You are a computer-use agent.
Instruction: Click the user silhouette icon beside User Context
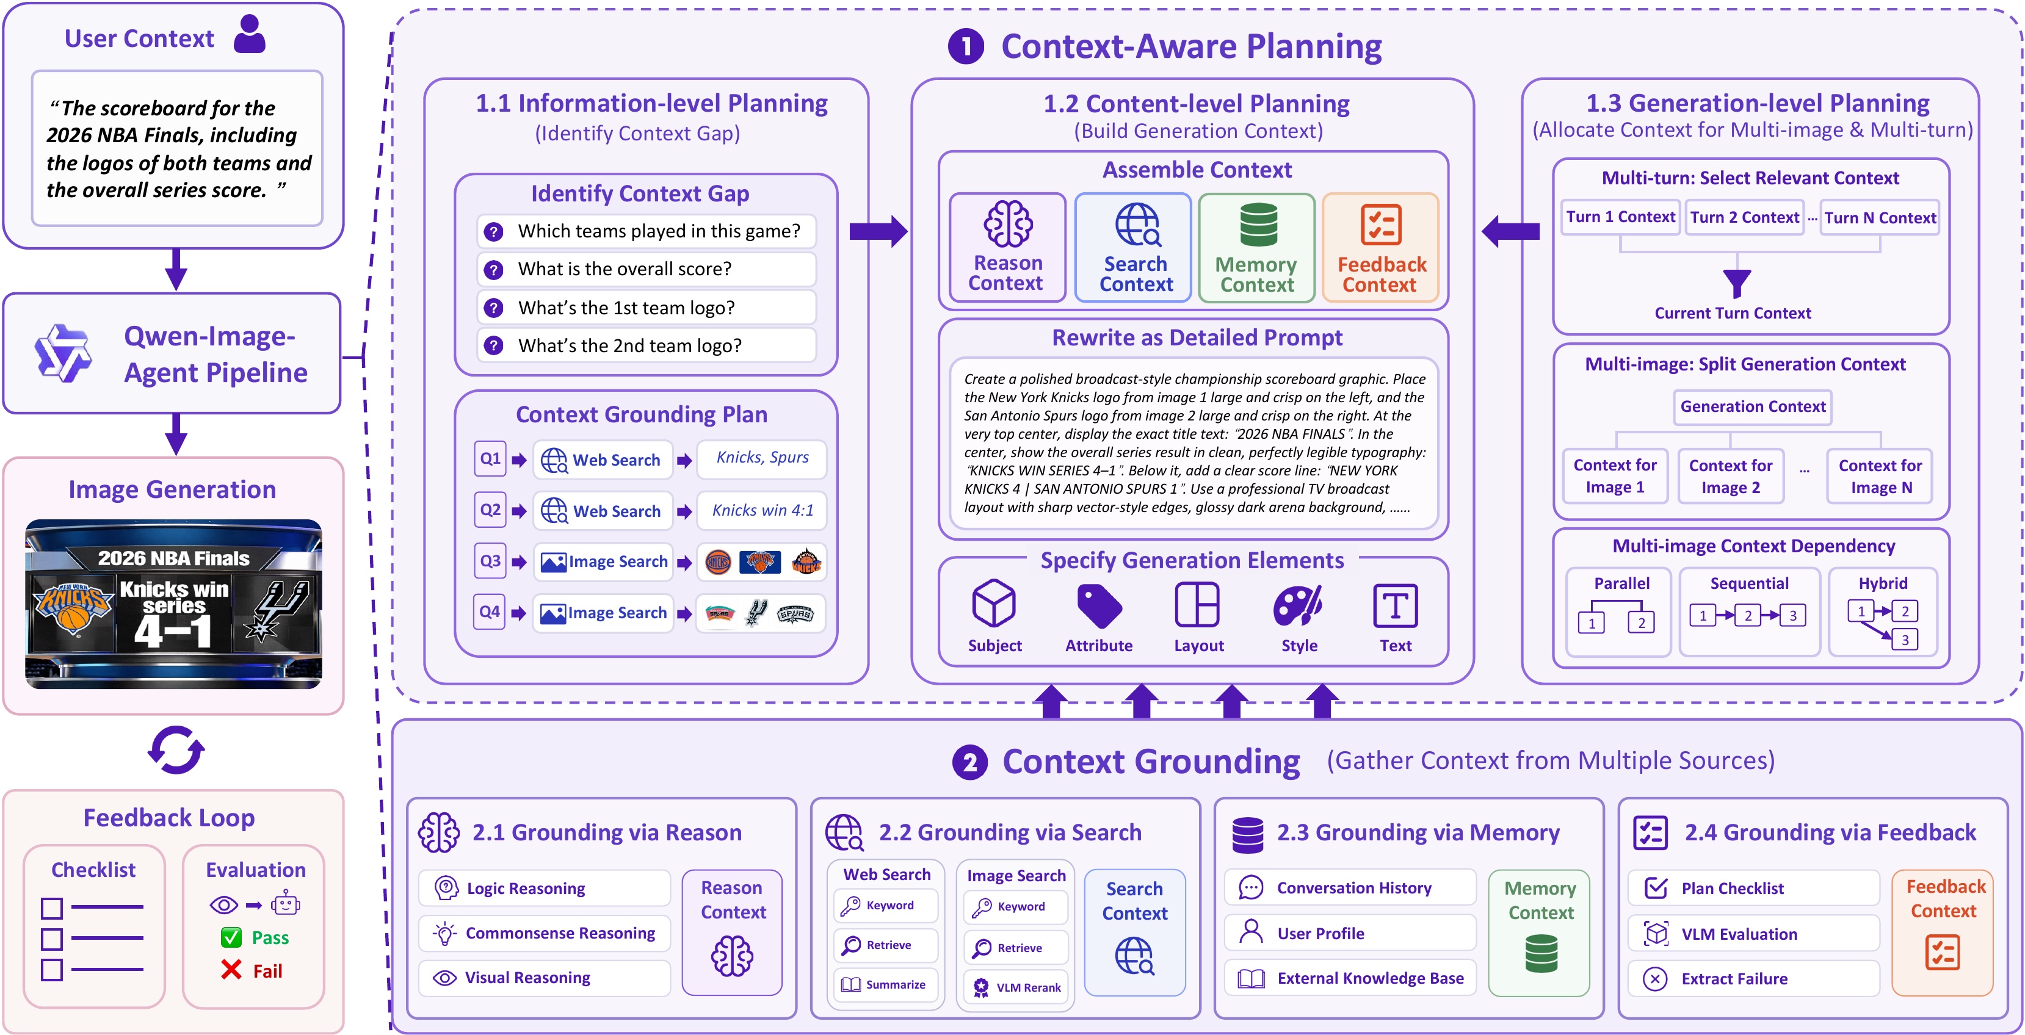250,35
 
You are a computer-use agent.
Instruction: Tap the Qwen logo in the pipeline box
63,353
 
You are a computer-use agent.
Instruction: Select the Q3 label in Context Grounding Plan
490,561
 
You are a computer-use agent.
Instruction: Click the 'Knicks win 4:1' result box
763,511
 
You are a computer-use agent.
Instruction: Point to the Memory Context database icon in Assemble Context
1258,225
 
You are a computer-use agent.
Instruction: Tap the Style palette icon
1298,605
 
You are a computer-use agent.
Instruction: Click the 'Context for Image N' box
1880,476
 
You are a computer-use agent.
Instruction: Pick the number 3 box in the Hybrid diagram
1905,640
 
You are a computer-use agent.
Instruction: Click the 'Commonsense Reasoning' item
545,933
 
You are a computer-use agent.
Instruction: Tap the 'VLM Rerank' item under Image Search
1016,987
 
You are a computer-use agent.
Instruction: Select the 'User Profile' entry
1350,933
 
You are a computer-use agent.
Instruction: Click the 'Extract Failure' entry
1753,978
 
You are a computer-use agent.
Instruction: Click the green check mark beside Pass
231,937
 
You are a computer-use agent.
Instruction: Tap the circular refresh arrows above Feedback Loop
176,750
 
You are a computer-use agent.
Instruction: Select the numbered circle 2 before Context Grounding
970,762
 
